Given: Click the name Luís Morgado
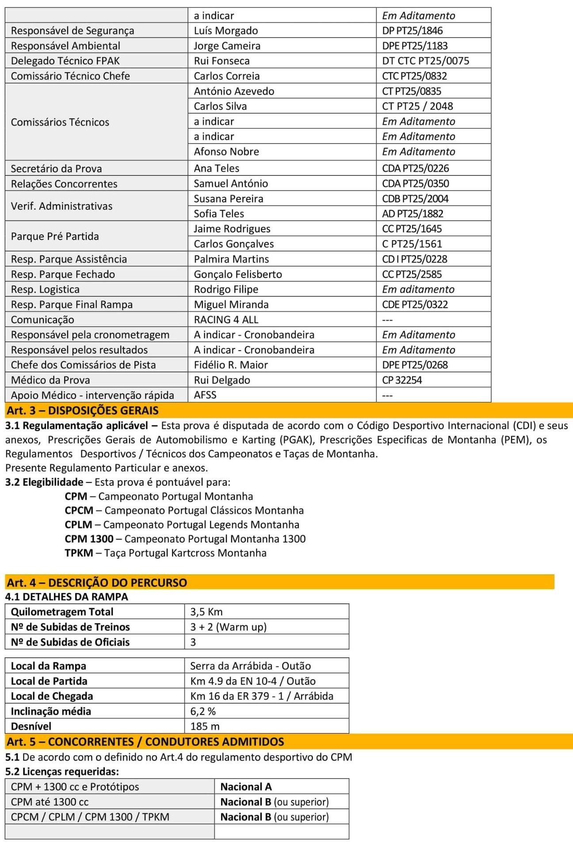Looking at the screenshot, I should click(x=225, y=31).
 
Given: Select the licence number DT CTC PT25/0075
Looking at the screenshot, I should click(x=425, y=61).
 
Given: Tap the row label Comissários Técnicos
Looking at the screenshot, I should click(x=60, y=122).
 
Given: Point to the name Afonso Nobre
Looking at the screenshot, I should click(x=226, y=152).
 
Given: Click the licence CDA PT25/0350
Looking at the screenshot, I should click(x=415, y=184).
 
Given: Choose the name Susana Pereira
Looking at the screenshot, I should click(x=228, y=199).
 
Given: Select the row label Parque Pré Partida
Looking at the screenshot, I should click(x=55, y=236).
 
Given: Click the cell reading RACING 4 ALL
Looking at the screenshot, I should click(x=226, y=320).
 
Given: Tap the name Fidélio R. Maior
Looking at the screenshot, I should click(x=230, y=365).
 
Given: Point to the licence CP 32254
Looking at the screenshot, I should click(x=402, y=380).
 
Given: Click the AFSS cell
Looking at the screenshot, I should click(x=205, y=395).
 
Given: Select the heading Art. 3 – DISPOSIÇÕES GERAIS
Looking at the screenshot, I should click(x=83, y=410).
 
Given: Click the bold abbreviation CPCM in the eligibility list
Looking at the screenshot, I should click(x=79, y=510).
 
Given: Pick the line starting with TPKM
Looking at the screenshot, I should click(x=165, y=553).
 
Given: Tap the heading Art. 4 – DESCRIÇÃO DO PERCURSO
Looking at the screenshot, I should click(x=97, y=582).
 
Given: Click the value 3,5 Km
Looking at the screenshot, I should click(x=206, y=612).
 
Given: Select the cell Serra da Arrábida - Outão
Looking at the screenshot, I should click(x=250, y=665).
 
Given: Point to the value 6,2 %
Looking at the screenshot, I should click(x=203, y=711).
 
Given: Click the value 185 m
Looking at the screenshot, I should click(x=205, y=726).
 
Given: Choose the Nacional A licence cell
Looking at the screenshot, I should click(x=246, y=787).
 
